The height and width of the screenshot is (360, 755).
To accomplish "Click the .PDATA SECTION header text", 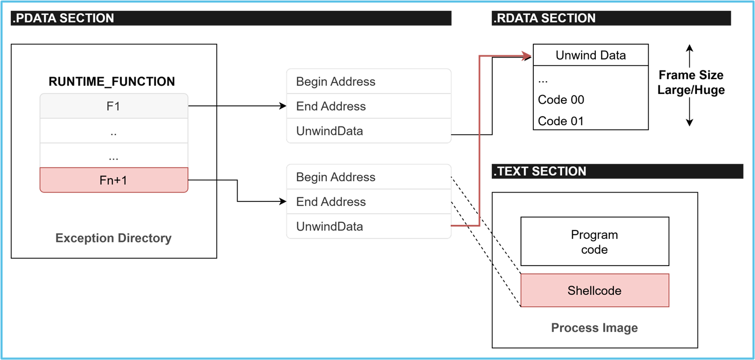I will click(63, 18).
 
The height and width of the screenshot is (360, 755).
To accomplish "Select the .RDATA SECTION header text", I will click(544, 18).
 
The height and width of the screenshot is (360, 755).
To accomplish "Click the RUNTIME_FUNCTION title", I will click(112, 82).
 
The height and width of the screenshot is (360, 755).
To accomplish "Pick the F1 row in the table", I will click(113, 106).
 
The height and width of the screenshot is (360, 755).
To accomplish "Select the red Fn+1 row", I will click(113, 180).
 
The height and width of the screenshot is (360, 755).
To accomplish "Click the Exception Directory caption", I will click(113, 238).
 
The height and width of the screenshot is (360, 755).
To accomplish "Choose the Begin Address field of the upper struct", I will click(336, 82).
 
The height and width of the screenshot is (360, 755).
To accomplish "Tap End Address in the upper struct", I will click(331, 106).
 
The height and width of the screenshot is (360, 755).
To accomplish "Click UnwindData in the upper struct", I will click(330, 131).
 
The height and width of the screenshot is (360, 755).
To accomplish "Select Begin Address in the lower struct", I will click(336, 177).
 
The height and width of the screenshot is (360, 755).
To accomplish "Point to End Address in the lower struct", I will click(331, 202).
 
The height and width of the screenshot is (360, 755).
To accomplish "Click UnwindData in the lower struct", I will click(330, 226).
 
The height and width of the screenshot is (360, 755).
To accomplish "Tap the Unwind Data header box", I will click(591, 55).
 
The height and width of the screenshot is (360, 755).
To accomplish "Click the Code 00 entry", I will click(561, 100).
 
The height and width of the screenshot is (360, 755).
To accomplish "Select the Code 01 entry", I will click(561, 121).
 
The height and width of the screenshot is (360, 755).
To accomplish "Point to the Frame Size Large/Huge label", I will click(691, 83).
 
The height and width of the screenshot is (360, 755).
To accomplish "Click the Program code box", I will click(594, 242).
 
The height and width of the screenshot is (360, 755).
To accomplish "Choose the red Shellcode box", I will click(594, 291).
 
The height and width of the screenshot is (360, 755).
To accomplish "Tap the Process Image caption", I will click(594, 328).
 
